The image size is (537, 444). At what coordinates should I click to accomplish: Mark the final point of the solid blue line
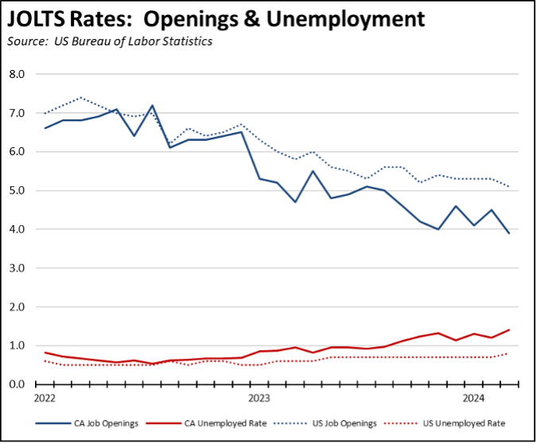tap(509, 233)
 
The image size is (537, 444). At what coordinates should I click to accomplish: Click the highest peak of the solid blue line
tap(152, 105)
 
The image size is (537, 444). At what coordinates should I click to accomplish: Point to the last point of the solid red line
tap(509, 329)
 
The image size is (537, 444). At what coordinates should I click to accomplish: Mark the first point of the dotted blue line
tap(45, 113)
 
